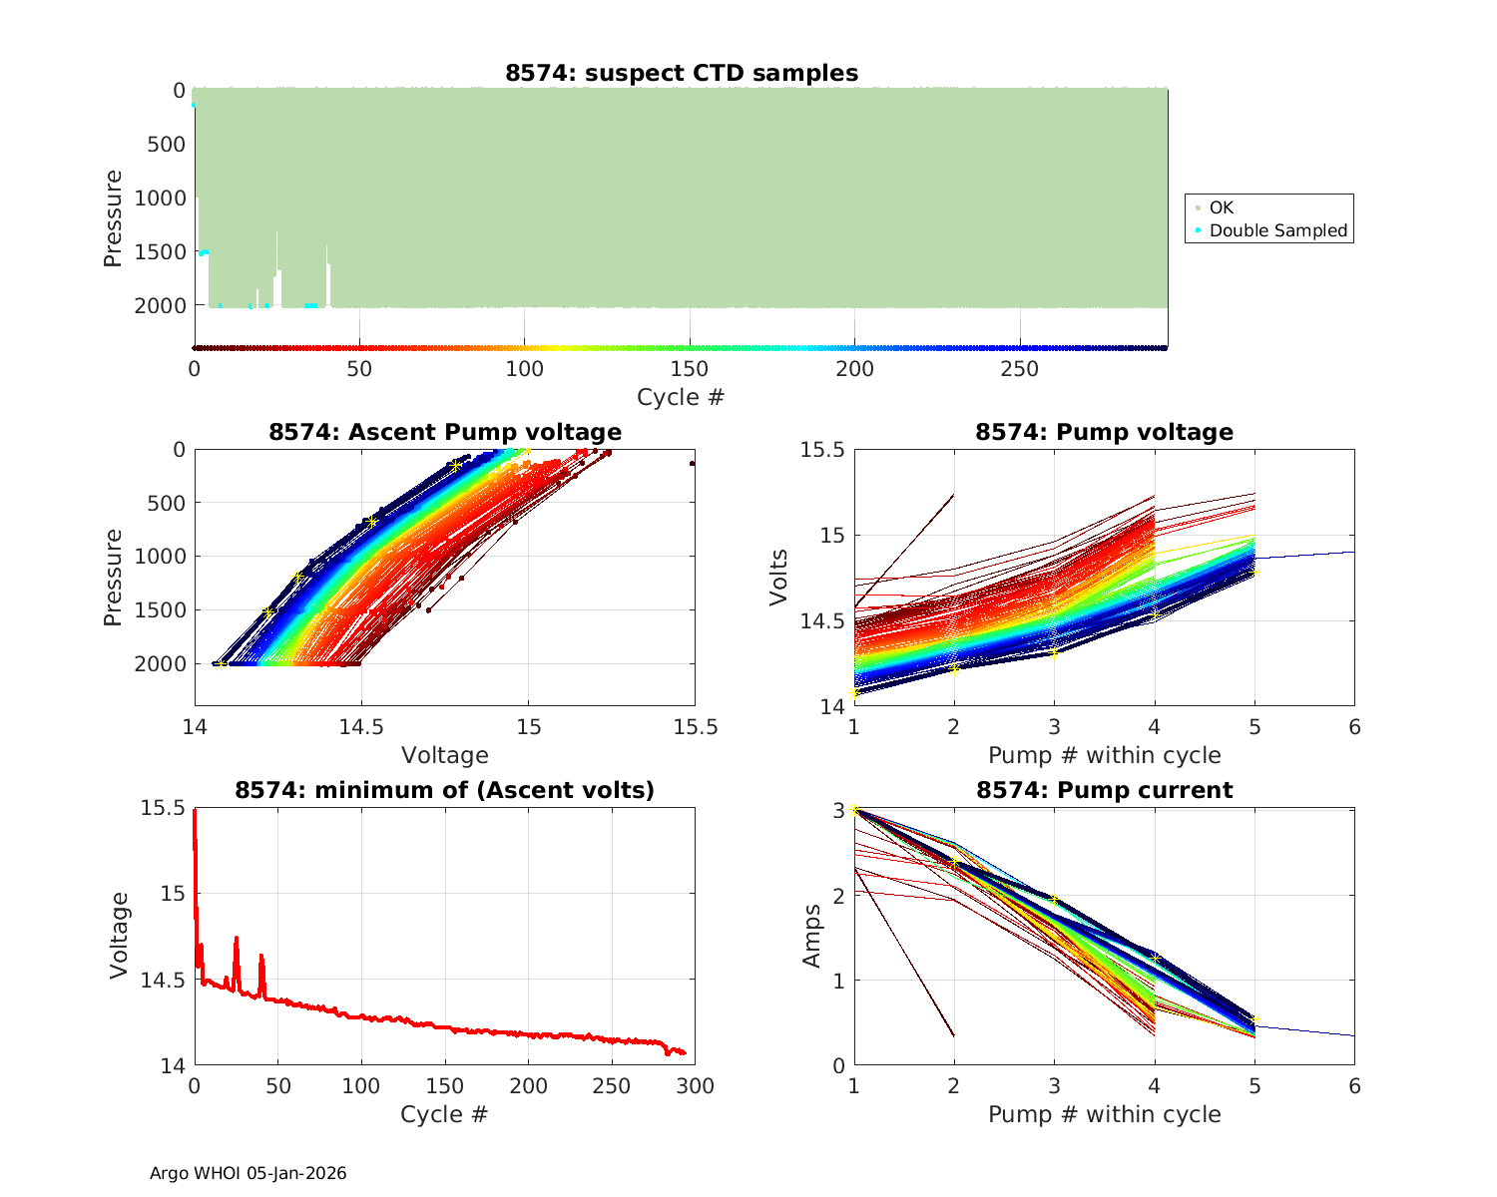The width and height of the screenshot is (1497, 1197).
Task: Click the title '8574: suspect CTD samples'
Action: pyautogui.click(x=681, y=73)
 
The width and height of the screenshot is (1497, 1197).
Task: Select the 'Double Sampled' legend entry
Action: pyautogui.click(x=1277, y=230)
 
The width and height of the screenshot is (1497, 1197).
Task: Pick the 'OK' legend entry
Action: pyautogui.click(x=1221, y=207)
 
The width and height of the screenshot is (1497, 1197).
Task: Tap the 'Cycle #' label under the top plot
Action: pyautogui.click(x=681, y=397)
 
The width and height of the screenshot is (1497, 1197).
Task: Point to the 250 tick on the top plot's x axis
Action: pyautogui.click(x=1019, y=369)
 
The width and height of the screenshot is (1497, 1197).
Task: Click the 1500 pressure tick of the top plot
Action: pyautogui.click(x=160, y=251)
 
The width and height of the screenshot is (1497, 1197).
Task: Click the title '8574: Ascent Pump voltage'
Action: pyautogui.click(x=444, y=432)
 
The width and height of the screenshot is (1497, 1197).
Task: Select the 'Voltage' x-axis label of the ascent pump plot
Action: pyautogui.click(x=444, y=755)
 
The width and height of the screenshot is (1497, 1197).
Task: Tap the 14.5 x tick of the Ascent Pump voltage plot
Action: pyautogui.click(x=361, y=726)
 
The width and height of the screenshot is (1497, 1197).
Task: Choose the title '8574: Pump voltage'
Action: pyautogui.click(x=1104, y=432)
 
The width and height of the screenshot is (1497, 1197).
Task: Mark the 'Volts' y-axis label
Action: pyautogui.click(x=779, y=578)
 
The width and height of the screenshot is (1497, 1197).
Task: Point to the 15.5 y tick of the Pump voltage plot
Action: pyautogui.click(x=821, y=450)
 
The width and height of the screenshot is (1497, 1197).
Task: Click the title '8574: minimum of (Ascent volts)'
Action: pyautogui.click(x=444, y=790)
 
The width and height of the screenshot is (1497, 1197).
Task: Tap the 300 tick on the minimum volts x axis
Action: pyautogui.click(x=695, y=1085)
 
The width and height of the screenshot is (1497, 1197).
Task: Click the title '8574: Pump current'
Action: pyautogui.click(x=1104, y=790)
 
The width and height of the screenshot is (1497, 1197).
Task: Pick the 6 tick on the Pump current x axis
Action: pyautogui.click(x=1354, y=1085)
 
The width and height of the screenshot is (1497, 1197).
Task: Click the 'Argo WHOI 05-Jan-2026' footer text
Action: pyautogui.click(x=248, y=1173)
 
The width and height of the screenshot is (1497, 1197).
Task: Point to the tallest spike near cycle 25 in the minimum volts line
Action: pyautogui.click(x=237, y=938)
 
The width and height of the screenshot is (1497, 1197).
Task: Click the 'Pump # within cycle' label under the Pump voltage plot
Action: pyautogui.click(x=1104, y=755)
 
